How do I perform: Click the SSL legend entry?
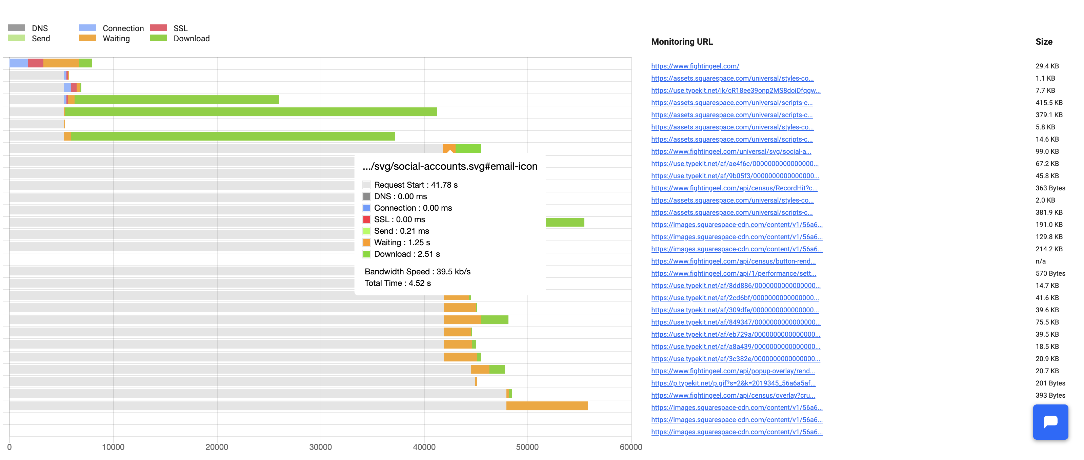point(180,28)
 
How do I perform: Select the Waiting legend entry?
point(116,39)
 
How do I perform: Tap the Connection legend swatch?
point(87,28)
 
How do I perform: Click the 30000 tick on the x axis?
point(320,447)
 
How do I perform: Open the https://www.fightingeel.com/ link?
point(695,66)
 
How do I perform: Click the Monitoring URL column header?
point(682,42)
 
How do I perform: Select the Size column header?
point(1044,42)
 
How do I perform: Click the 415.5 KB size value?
point(1049,103)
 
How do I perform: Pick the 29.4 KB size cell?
point(1047,66)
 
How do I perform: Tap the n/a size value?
point(1040,261)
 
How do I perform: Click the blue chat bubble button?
point(1050,422)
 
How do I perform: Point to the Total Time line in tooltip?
point(397,283)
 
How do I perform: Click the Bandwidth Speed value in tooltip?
point(453,272)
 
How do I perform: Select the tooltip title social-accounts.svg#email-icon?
point(450,167)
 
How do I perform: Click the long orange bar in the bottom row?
point(547,406)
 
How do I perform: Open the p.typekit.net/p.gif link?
point(733,383)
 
